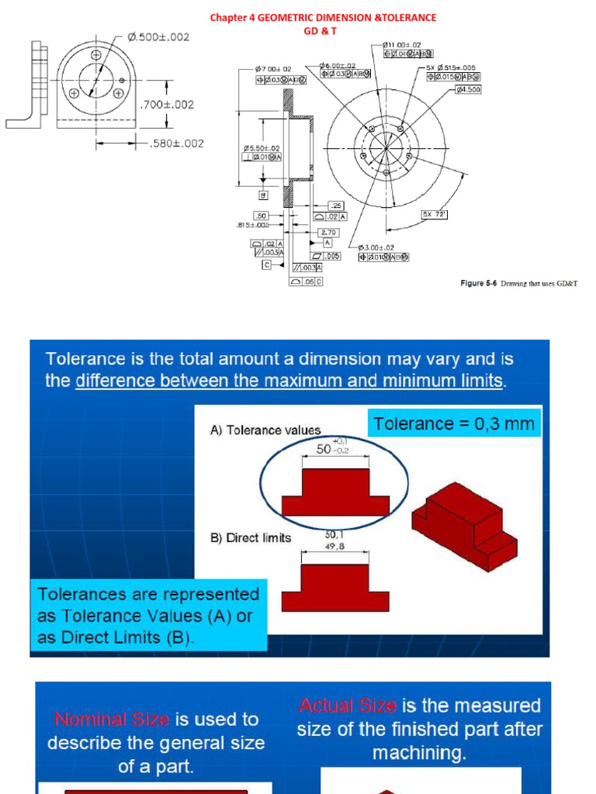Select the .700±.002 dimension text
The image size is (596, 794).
[x=165, y=104]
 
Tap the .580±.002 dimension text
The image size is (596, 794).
[x=175, y=143]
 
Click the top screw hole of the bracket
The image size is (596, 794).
[x=96, y=56]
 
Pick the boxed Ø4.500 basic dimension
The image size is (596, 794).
[x=469, y=89]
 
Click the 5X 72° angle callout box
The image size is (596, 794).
[x=435, y=214]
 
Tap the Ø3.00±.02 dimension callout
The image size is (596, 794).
[x=379, y=247]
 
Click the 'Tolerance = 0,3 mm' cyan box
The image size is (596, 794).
[x=454, y=424]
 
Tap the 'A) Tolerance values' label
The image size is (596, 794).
[x=265, y=430]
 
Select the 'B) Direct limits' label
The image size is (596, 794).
[x=251, y=537]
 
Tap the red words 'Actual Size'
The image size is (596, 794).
[x=347, y=706]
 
